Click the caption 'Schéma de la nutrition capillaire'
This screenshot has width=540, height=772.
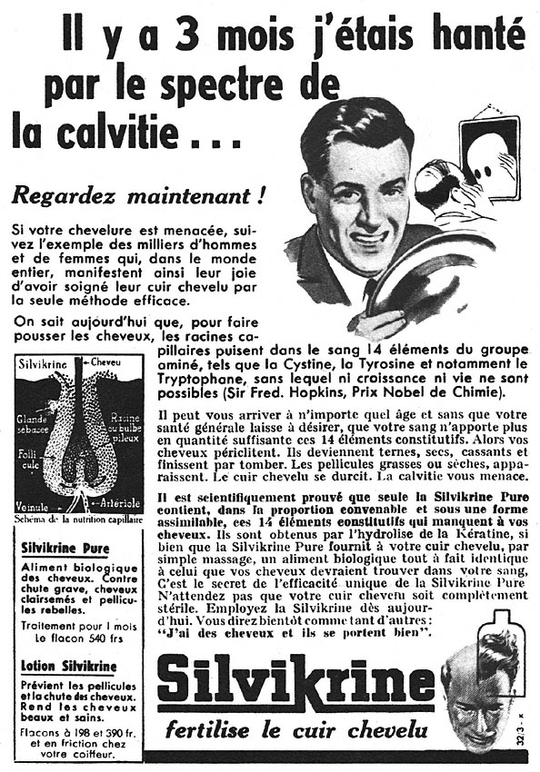[x=77, y=520]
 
